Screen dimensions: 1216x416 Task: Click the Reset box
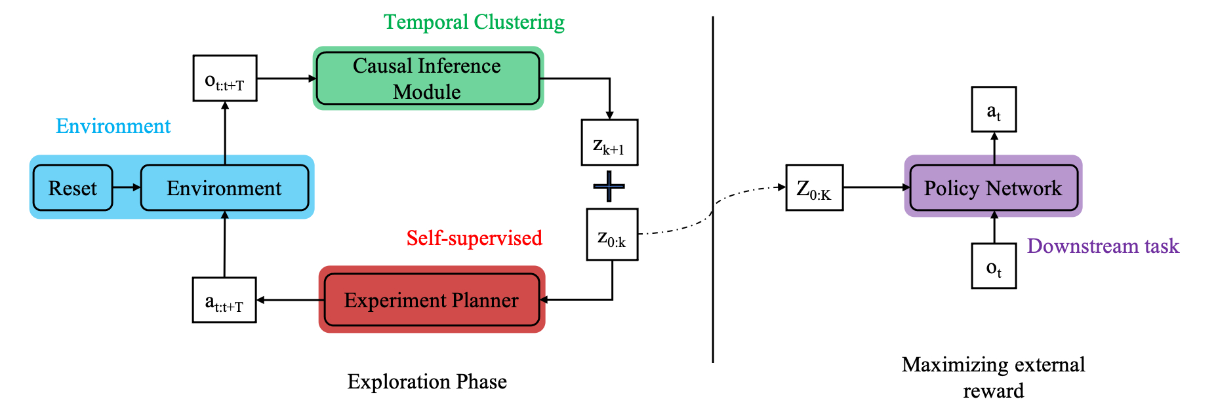73,188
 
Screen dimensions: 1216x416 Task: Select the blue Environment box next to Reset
224,188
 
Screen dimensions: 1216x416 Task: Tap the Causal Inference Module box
428,78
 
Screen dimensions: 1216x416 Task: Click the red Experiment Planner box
432,299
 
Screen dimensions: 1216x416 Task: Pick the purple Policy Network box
993,188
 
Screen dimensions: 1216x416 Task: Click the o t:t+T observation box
225,78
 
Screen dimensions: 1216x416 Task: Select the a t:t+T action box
224,300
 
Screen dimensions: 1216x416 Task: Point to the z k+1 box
609,142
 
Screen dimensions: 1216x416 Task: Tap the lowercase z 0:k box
612,235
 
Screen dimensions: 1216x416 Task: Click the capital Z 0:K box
815,187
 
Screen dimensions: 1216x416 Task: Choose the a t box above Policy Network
994,109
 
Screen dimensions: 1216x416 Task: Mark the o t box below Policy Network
994,266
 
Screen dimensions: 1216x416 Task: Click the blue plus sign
609,187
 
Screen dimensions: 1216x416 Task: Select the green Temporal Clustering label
474,22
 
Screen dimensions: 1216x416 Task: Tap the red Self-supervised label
474,238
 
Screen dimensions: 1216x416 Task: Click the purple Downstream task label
1103,246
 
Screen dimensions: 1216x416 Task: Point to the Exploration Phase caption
427,381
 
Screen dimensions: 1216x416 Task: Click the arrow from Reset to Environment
127,187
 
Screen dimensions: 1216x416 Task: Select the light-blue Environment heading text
113,126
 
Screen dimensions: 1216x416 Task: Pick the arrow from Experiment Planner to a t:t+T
290,300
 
